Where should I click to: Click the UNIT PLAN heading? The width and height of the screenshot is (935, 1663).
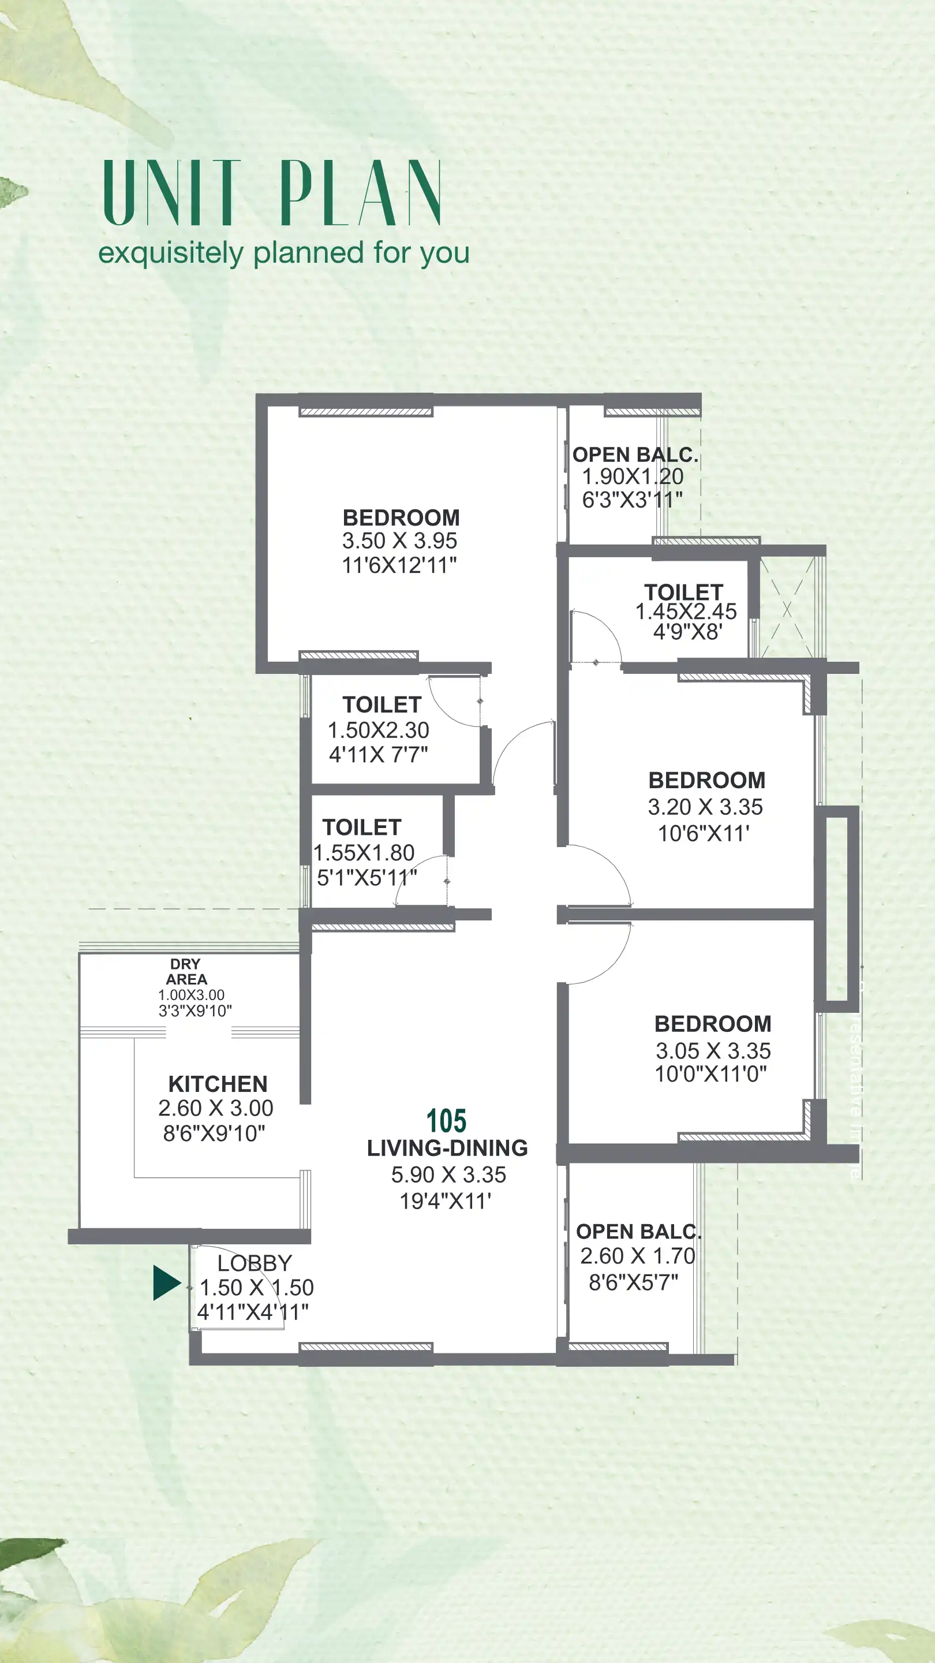(x=272, y=193)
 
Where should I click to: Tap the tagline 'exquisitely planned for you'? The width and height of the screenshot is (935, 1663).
(x=283, y=252)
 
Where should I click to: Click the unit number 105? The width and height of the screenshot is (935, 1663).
(x=446, y=1121)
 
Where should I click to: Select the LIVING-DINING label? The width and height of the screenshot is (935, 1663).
(x=447, y=1149)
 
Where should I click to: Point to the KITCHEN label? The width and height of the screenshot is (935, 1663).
(x=218, y=1084)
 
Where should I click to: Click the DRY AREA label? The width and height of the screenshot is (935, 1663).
(x=186, y=972)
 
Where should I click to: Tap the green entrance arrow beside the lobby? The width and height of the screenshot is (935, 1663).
(x=166, y=1282)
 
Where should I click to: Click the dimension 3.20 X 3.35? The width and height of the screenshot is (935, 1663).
(x=705, y=807)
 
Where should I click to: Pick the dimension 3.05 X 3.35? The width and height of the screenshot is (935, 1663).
(x=713, y=1051)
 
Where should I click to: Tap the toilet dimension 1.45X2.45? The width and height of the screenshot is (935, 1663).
(x=685, y=611)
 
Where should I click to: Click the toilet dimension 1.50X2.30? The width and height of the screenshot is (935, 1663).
(x=378, y=730)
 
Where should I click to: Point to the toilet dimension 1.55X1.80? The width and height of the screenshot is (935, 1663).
(x=364, y=853)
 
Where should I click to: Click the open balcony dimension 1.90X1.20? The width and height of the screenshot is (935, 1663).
(x=633, y=476)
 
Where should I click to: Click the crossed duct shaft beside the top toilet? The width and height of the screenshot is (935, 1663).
(x=787, y=609)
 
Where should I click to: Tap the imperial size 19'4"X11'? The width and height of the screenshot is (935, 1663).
(x=445, y=1202)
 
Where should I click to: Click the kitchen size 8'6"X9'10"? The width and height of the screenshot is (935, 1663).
(x=214, y=1133)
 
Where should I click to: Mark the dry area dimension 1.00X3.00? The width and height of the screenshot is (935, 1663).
(x=191, y=995)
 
